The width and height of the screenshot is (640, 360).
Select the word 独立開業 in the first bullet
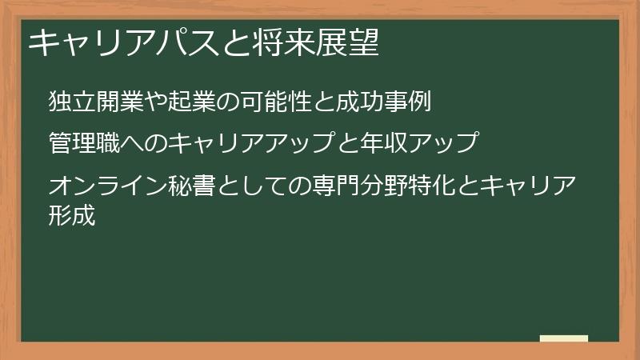[96, 102]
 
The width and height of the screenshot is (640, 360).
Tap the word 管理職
[84, 143]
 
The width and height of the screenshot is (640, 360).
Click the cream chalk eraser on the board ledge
[563, 338]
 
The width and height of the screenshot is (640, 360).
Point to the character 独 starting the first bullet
[60, 102]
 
